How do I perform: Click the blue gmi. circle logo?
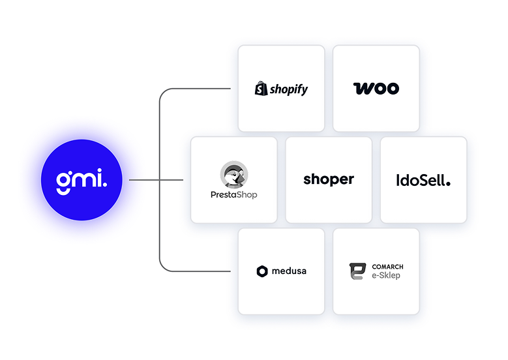point(82,180)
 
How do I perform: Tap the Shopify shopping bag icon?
point(261,89)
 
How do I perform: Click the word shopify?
point(289,89)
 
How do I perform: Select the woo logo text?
point(376,89)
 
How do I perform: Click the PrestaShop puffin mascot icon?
point(234,174)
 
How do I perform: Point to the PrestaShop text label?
point(234,195)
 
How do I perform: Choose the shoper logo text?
point(329,179)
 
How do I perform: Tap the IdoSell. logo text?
point(423,180)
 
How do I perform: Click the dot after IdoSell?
point(448,184)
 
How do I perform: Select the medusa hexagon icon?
point(262,271)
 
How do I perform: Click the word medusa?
point(289,271)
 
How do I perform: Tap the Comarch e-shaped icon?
point(357,271)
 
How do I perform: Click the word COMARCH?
point(387,267)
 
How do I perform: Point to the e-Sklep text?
point(386,275)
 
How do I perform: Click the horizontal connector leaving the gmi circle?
point(156,180)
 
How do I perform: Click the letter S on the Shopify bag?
point(260,89)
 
